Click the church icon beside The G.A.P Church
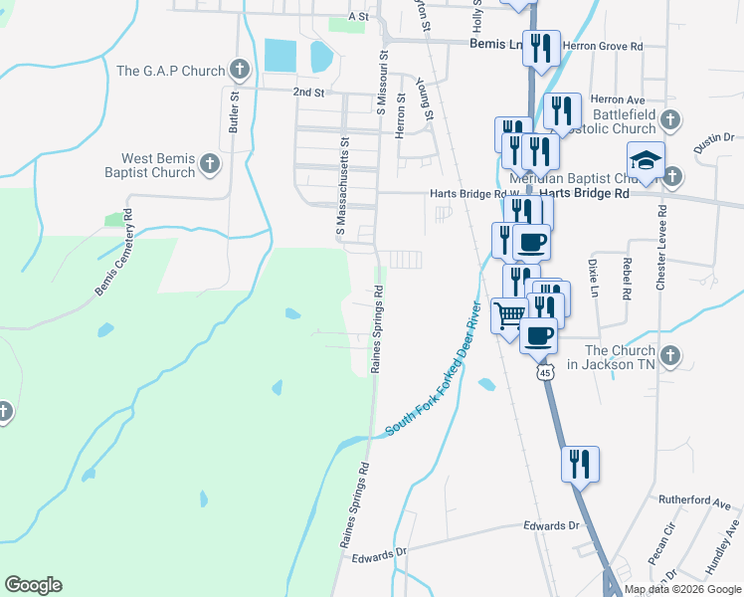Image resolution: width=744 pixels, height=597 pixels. point(239,70)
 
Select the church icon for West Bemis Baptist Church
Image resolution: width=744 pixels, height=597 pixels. point(209,164)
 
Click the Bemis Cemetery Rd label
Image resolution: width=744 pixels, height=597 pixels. point(114,253)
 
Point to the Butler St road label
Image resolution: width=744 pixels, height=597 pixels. point(235,112)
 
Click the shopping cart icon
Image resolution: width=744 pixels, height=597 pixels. point(510,315)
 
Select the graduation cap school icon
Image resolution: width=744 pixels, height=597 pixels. point(646,160)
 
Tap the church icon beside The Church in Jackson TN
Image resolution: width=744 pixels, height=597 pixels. point(670,355)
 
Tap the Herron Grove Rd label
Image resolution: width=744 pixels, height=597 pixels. point(603,46)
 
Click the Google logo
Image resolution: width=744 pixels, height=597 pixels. point(33,585)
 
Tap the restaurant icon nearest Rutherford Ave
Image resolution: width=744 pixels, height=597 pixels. point(580,464)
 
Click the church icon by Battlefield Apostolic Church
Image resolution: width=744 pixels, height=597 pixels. point(670,120)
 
